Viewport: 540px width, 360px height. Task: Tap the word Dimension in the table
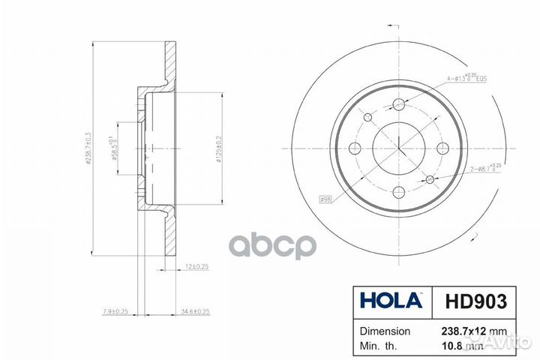click(385, 331)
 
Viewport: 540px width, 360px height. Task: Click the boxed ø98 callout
click(327, 199)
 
